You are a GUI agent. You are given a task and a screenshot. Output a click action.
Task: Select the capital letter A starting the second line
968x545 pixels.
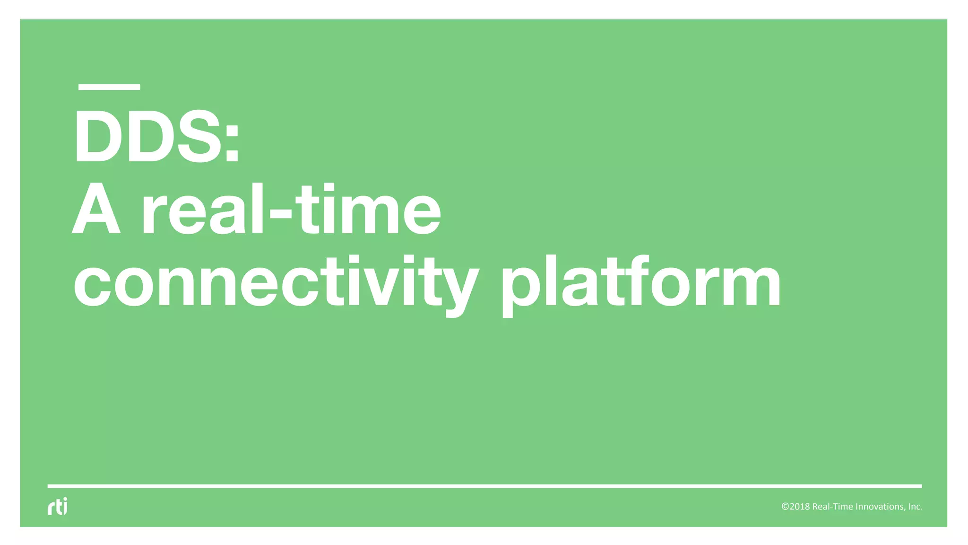(x=96, y=210)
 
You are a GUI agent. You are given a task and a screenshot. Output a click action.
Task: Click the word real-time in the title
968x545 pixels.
(x=291, y=210)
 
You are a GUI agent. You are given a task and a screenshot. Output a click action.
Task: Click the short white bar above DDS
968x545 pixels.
(x=109, y=87)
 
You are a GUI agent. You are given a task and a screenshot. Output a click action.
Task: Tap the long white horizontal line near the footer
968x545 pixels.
(x=484, y=486)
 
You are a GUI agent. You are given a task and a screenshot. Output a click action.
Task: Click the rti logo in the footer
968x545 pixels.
(x=58, y=506)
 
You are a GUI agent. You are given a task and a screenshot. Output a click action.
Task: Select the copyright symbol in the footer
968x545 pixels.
(x=785, y=507)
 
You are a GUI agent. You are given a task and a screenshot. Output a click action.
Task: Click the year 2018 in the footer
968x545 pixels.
(x=800, y=507)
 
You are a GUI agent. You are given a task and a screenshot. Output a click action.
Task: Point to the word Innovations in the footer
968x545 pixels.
(x=881, y=507)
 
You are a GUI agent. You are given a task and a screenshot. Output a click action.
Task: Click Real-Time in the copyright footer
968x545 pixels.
(x=833, y=507)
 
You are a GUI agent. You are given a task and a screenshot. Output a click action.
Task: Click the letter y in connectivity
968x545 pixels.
(x=459, y=289)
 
